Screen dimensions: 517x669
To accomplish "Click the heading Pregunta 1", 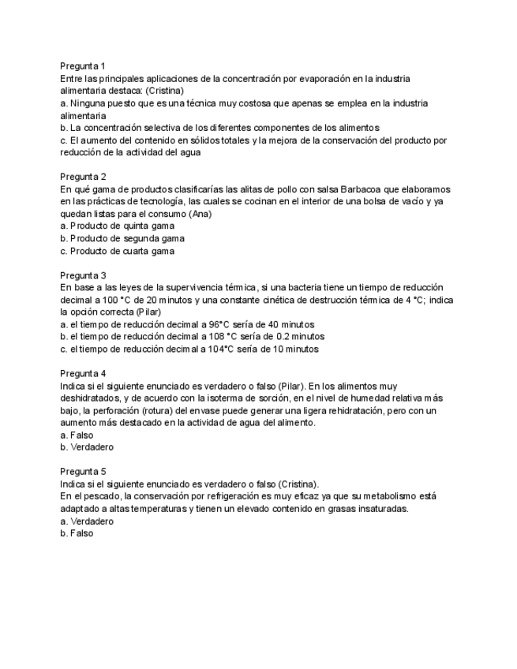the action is click(83, 66).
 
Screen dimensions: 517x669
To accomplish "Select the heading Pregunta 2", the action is click(83, 177).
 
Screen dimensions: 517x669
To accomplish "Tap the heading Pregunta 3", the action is click(83, 275).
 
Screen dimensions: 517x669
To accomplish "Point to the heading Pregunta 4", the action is click(83, 373).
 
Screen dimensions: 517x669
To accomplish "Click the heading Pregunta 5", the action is click(83, 471).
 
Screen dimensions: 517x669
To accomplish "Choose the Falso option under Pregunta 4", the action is click(77, 435).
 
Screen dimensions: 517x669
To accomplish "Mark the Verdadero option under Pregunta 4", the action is click(86, 447).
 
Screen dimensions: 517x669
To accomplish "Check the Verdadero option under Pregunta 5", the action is click(86, 521).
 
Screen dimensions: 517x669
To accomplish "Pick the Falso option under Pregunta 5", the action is click(77, 533).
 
